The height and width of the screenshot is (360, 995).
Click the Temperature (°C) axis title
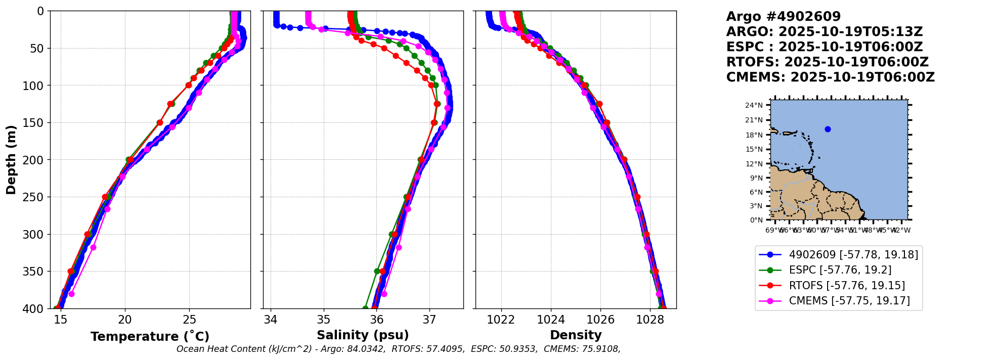click(x=150, y=337)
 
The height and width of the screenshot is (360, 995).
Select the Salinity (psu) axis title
click(x=363, y=335)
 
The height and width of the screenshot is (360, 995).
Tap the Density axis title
click(x=576, y=335)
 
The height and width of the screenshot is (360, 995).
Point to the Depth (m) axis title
click(x=11, y=160)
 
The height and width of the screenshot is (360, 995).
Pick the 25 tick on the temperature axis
click(x=190, y=320)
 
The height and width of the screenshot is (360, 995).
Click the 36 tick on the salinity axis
click(x=376, y=320)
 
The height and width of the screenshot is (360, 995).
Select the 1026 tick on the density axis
click(x=600, y=320)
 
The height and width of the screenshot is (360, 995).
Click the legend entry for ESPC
click(x=840, y=270)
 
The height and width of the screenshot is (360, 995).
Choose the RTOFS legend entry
click(x=847, y=286)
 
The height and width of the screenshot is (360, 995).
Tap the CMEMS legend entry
click(x=849, y=301)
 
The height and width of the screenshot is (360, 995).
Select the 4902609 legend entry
click(x=853, y=255)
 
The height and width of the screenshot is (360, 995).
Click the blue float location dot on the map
click(x=828, y=129)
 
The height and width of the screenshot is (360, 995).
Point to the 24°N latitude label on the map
click(x=754, y=105)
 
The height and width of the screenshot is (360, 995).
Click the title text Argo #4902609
click(x=783, y=17)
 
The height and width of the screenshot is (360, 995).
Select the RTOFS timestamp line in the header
click(x=827, y=62)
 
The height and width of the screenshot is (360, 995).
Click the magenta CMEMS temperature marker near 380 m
click(x=71, y=294)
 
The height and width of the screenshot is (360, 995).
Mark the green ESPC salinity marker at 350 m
click(x=377, y=271)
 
